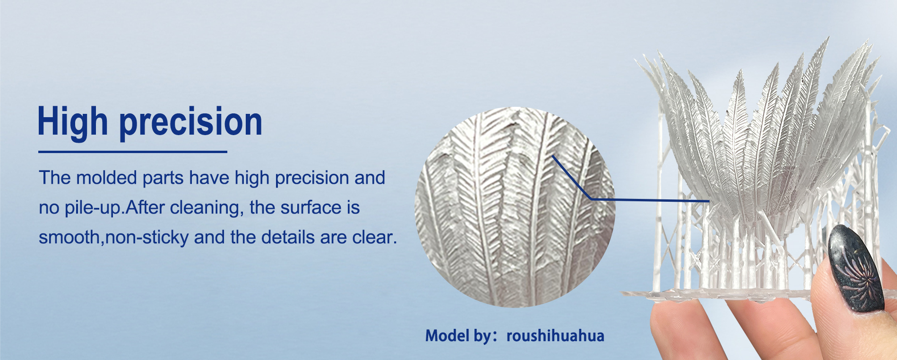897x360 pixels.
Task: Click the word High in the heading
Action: tap(73, 122)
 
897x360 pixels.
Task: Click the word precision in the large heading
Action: tap(191, 122)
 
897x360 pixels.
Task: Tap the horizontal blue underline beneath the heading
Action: tap(133, 152)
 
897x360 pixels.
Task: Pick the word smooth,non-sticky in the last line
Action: tap(114, 237)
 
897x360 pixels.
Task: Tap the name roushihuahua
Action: tap(555, 335)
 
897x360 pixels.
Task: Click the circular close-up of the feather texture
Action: tap(515, 207)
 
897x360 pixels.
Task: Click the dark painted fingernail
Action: tap(856, 268)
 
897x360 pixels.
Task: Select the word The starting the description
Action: tap(55, 178)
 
